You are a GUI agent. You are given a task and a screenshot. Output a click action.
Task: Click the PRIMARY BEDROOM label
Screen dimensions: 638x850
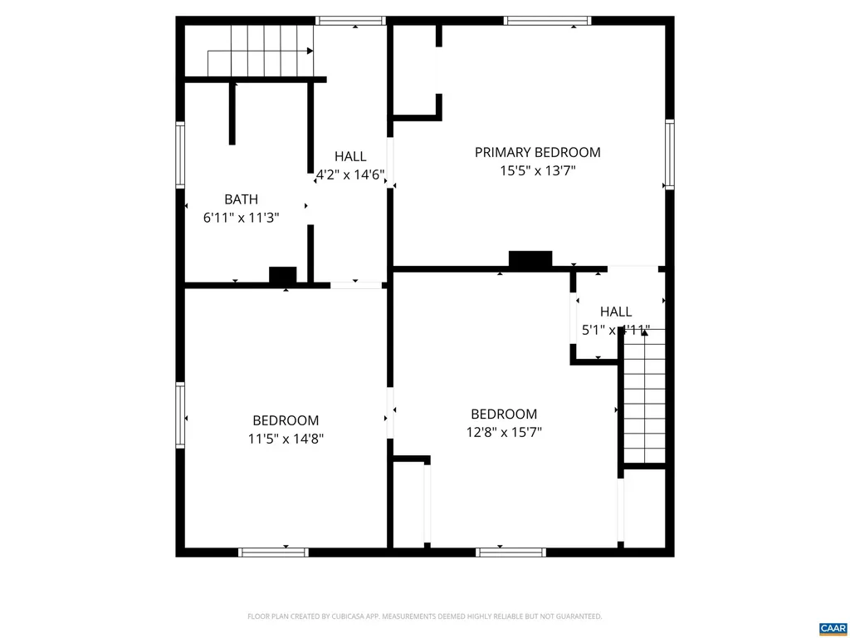(537, 152)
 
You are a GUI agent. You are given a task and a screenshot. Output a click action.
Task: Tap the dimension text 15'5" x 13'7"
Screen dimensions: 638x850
(537, 170)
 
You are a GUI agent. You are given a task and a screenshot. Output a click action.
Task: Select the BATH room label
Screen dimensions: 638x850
(241, 199)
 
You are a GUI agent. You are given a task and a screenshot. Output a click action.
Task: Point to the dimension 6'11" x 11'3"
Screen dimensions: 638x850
(241, 218)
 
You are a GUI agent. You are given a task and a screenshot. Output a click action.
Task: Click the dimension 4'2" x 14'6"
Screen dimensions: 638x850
(350, 174)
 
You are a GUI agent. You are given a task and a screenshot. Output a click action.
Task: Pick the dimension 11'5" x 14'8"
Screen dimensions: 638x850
(286, 439)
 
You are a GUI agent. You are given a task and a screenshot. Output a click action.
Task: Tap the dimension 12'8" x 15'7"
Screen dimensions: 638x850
(504, 432)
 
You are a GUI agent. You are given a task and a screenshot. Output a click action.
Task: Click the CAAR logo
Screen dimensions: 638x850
(831, 627)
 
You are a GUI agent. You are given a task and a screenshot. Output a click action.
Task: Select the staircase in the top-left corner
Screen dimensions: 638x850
(259, 50)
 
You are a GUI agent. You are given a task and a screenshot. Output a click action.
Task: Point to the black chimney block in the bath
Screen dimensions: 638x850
(283, 276)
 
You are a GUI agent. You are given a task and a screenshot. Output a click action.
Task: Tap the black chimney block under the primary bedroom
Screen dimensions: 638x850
(530, 259)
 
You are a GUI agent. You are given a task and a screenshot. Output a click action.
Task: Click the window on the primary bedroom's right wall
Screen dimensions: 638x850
(669, 155)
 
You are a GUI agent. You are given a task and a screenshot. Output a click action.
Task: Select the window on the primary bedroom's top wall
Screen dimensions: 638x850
(547, 21)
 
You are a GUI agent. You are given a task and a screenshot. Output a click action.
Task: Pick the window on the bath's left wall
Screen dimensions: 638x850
(180, 155)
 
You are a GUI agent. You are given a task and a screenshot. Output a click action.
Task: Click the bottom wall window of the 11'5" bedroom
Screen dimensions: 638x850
(273, 552)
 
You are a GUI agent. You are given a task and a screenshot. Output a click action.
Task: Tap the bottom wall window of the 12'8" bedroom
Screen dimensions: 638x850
(510, 552)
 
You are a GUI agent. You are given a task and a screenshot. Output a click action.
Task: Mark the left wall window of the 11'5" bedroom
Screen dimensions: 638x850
(180, 415)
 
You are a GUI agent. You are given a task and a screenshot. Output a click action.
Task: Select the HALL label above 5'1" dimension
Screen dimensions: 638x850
(616, 312)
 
